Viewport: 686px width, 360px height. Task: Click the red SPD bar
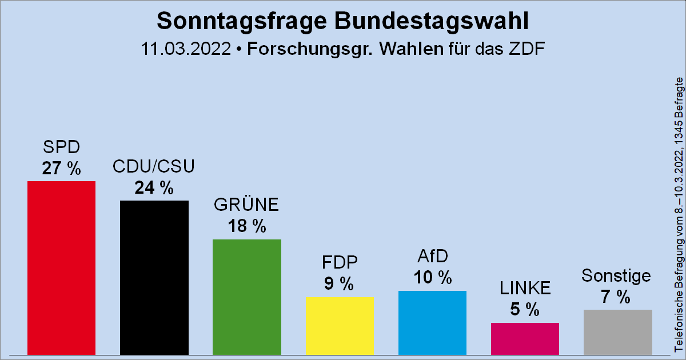(61, 267)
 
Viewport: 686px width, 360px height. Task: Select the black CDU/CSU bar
(154, 277)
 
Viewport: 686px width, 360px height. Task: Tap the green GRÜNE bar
(246, 297)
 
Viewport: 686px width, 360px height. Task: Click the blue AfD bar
(432, 322)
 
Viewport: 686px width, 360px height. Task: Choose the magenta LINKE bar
(525, 338)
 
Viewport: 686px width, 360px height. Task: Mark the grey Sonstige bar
(617, 332)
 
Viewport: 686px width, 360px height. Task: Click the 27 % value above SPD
(61, 169)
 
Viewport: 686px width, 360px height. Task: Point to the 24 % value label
(154, 188)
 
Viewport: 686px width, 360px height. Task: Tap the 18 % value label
(246, 227)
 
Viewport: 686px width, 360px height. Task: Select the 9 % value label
(340, 284)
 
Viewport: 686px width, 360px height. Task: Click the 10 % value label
(432, 278)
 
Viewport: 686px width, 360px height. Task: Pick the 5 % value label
(525, 310)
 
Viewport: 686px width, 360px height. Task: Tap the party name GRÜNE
(246, 205)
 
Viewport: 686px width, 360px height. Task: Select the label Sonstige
(616, 276)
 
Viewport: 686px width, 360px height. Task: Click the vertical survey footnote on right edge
(679, 214)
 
